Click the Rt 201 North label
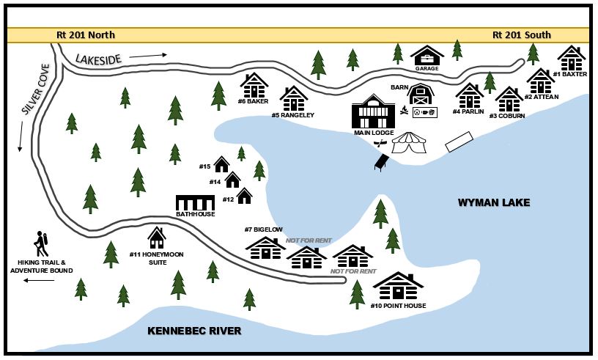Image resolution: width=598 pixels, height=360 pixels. (x=86, y=35)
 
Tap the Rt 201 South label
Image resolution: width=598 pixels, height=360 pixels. (x=521, y=35)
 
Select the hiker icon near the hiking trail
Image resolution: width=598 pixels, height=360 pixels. (x=40, y=243)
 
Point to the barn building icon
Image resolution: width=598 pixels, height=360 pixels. (x=420, y=95)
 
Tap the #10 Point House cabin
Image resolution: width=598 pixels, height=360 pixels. (x=398, y=286)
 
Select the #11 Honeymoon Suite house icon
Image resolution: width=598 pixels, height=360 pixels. (x=157, y=237)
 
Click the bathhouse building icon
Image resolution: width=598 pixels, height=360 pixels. (x=195, y=202)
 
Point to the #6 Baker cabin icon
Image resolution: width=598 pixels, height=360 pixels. (x=254, y=85)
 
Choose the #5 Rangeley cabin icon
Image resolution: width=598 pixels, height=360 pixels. (x=293, y=98)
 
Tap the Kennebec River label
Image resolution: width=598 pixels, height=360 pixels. (x=194, y=331)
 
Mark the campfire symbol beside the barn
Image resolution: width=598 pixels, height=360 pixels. (x=403, y=111)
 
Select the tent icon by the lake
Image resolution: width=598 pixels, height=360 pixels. (x=409, y=143)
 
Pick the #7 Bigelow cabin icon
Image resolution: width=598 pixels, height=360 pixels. (x=265, y=247)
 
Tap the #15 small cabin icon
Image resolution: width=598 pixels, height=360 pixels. (x=221, y=164)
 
